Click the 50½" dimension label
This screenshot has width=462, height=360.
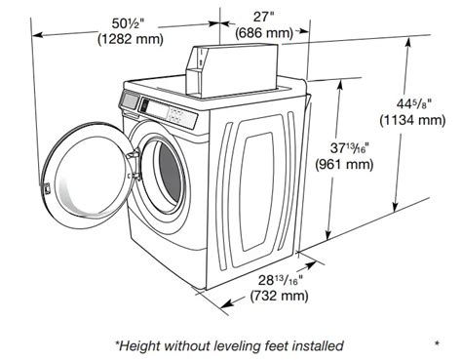(x=128, y=23)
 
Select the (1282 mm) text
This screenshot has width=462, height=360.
(x=131, y=39)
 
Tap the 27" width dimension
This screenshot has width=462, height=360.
(x=264, y=17)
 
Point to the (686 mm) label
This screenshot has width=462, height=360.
(x=264, y=32)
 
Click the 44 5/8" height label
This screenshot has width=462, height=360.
(x=413, y=103)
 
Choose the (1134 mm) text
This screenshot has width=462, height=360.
(x=412, y=120)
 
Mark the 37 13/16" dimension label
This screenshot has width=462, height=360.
(x=350, y=148)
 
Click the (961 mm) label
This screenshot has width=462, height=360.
(x=344, y=164)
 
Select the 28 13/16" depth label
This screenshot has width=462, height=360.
(x=281, y=280)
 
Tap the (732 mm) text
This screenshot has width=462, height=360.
(x=279, y=296)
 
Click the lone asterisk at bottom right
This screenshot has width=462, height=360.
(x=438, y=343)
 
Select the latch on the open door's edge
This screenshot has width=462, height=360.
(x=46, y=188)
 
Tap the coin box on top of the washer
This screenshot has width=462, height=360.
(x=232, y=70)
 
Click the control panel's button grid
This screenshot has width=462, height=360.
(x=176, y=115)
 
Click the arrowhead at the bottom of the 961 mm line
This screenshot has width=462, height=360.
(x=328, y=234)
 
